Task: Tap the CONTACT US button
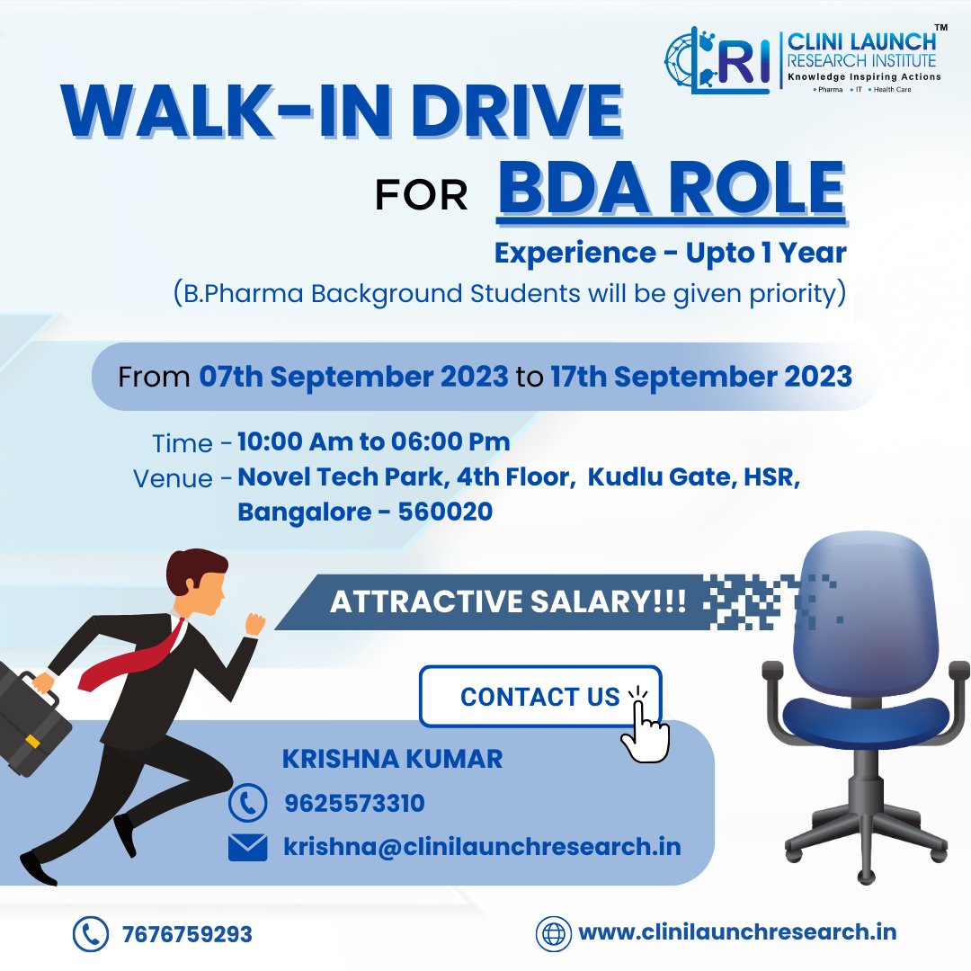coord(539,697)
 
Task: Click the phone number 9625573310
coord(354,803)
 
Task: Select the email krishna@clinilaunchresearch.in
coord(482,847)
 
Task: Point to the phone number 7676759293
coord(187,934)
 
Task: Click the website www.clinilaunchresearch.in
coord(737,932)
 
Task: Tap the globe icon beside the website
coord(554,933)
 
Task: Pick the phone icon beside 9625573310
coord(247,803)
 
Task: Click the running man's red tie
coord(135,656)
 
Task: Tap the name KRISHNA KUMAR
coord(392,759)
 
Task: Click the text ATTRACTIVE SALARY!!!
coord(508,602)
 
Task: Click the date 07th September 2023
coord(353,377)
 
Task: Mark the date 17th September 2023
coord(701,377)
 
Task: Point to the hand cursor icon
coord(646,728)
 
